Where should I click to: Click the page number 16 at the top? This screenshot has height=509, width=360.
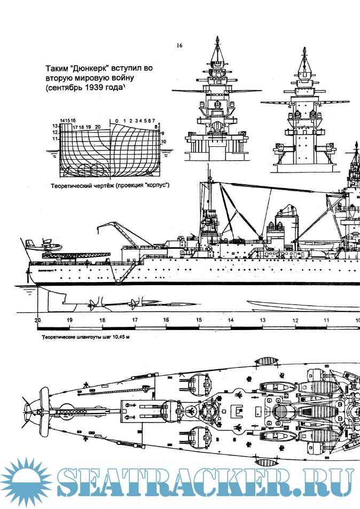[179, 46]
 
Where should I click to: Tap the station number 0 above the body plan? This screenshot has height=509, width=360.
[116, 121]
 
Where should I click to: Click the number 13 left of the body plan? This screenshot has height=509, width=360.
[54, 126]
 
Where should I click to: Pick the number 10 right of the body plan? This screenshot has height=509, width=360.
[163, 142]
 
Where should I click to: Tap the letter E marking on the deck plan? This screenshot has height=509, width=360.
[239, 410]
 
